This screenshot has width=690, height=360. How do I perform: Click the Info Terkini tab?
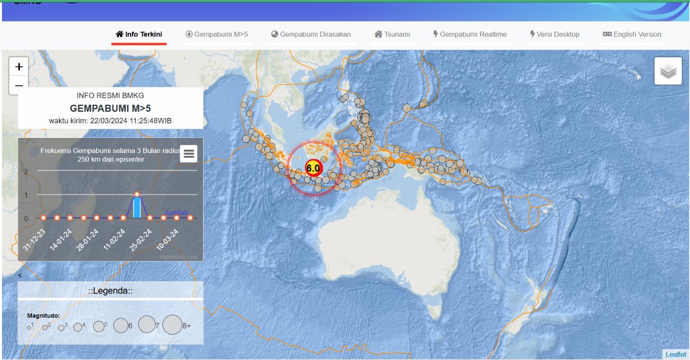tap(139, 34)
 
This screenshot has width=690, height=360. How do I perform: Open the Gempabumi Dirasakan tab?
tap(311, 34)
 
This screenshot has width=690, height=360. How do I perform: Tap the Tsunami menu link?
tap(392, 34)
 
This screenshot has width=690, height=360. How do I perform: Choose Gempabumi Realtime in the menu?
tap(470, 34)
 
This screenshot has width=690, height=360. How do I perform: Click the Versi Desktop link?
tap(554, 34)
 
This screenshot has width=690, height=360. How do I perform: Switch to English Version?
tap(632, 34)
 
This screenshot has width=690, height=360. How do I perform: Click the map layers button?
tap(668, 71)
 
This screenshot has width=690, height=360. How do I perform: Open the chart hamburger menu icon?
tap(189, 154)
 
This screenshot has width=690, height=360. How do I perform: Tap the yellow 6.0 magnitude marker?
tap(313, 168)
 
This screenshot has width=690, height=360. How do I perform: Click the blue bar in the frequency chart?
tap(137, 206)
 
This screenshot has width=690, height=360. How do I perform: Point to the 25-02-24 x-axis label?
tap(141, 240)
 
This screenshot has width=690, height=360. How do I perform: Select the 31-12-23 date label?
tap(35, 240)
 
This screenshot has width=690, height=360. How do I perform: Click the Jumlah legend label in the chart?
tap(176, 213)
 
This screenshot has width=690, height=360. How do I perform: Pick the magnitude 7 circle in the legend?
tap(147, 324)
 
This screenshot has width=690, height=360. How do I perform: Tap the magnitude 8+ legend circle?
tap(172, 325)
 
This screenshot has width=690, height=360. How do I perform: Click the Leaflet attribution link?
tap(676, 355)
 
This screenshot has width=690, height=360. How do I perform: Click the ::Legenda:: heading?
tap(110, 291)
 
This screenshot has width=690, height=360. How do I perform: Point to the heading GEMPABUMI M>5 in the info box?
tap(110, 108)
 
